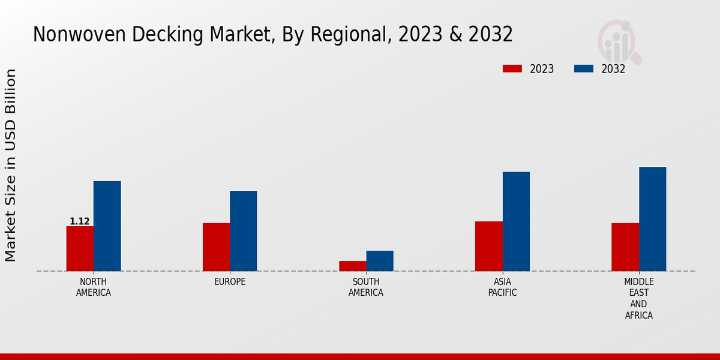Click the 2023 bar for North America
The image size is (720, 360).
click(x=80, y=248)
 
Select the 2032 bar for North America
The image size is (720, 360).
click(x=107, y=226)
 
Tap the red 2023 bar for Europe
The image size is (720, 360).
click(x=216, y=247)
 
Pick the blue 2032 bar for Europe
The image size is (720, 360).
click(x=243, y=230)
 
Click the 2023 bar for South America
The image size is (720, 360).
click(x=352, y=266)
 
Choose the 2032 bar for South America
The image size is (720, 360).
click(x=380, y=260)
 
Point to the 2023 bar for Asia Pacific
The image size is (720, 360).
click(x=488, y=246)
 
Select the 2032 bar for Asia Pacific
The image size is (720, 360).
click(x=516, y=221)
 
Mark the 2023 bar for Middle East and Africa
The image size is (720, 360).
click(x=625, y=247)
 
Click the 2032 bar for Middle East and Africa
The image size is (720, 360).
click(x=652, y=218)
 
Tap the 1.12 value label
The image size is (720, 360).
click(x=80, y=221)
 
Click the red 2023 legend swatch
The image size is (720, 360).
click(x=512, y=69)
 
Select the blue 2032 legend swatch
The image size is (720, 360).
click(x=584, y=69)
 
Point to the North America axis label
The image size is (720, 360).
click(x=94, y=287)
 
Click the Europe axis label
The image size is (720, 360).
click(x=230, y=282)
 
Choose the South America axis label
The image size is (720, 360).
click(x=366, y=287)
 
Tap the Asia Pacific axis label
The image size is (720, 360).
click(x=502, y=287)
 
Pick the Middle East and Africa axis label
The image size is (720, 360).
click(x=638, y=298)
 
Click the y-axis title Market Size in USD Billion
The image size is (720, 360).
click(x=11, y=165)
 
